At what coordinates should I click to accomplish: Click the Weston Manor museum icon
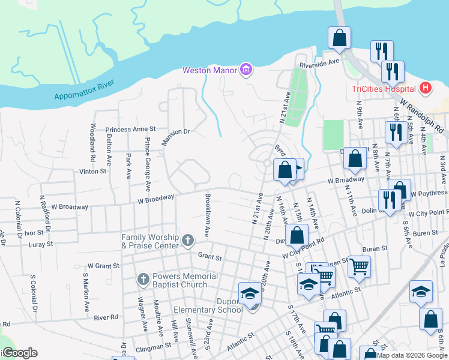[246, 70]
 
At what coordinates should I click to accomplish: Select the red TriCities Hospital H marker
[426, 89]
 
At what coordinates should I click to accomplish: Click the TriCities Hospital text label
[384, 89]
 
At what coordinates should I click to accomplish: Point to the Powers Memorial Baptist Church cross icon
[143, 279]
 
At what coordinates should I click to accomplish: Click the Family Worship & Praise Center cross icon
[187, 241]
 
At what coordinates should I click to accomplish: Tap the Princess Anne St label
[130, 129]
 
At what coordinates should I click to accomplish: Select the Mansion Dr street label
[175, 136]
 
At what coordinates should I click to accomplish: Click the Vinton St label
[92, 171]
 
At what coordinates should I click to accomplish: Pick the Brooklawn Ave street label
[207, 214]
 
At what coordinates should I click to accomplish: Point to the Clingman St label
[150, 346]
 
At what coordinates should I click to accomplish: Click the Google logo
[19, 353]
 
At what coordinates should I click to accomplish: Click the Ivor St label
[32, 232]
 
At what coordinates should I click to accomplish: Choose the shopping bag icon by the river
[339, 38]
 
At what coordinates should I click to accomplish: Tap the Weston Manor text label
[210, 71]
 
